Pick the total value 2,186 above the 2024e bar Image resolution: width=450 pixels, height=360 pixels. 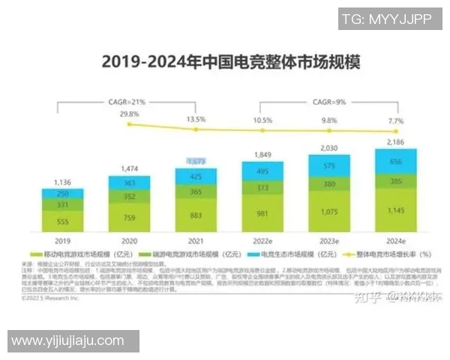click(395, 141)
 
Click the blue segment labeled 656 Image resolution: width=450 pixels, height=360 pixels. click(395, 161)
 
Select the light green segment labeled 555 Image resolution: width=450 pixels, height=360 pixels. click(63, 221)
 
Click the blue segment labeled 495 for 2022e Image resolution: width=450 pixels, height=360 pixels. click(262, 172)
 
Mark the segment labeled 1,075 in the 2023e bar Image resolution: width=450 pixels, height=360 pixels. click(328, 212)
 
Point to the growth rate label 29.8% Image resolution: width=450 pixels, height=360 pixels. click(129, 115)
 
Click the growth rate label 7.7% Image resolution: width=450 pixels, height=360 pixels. click(395, 121)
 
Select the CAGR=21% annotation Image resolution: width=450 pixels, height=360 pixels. click(129, 100)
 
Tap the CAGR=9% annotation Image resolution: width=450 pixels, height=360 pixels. click(328, 100)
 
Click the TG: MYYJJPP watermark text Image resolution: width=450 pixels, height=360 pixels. click(386, 19)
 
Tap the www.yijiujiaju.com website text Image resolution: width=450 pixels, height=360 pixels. click(67, 340)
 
